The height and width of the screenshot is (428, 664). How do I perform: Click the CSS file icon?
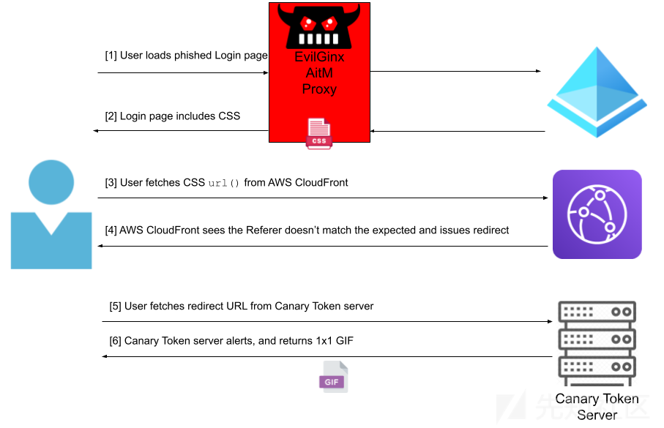[x=319, y=133]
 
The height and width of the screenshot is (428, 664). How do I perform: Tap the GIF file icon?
[x=333, y=377]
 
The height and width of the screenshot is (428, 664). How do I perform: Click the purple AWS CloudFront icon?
[x=597, y=214]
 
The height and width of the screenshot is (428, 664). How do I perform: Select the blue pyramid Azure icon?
[x=597, y=92]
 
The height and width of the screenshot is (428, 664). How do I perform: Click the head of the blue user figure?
[x=51, y=182]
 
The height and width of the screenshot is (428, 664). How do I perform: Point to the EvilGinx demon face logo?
[x=319, y=26]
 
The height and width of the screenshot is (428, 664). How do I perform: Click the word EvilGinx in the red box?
[x=319, y=57]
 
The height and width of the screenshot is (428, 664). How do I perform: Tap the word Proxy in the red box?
[x=319, y=89]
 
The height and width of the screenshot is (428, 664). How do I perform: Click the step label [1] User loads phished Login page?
[x=187, y=56]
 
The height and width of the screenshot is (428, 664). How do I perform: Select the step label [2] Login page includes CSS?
[x=172, y=116]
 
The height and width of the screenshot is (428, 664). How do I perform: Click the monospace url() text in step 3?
[x=223, y=183]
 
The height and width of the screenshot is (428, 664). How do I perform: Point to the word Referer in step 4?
[x=264, y=230]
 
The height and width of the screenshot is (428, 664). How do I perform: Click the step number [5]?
[x=115, y=306]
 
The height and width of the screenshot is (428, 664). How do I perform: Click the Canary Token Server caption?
[x=597, y=406]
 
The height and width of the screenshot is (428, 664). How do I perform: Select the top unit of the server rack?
[x=597, y=312]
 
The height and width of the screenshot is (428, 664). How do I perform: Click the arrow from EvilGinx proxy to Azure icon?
[x=455, y=71]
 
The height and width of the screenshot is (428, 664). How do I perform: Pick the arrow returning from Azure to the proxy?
[x=458, y=131]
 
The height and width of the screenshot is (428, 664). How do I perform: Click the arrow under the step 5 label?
[x=327, y=322]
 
